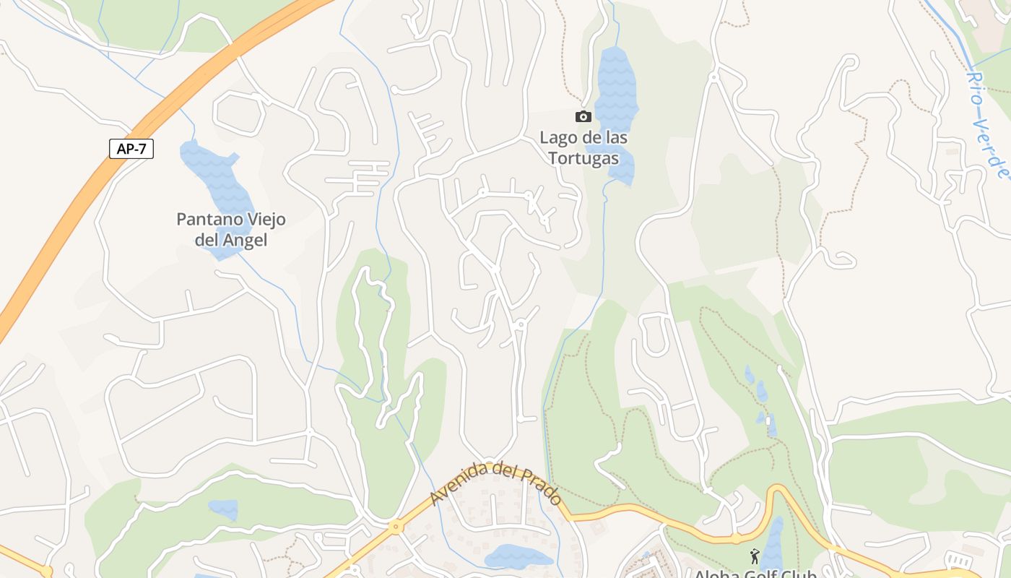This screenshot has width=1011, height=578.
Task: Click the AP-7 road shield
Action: [131, 149]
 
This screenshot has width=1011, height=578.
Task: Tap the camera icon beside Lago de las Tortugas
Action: [583, 117]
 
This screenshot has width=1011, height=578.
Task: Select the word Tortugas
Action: [583, 158]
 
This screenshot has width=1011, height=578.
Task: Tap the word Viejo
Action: [266, 220]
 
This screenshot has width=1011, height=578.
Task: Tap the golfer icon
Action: [755, 556]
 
